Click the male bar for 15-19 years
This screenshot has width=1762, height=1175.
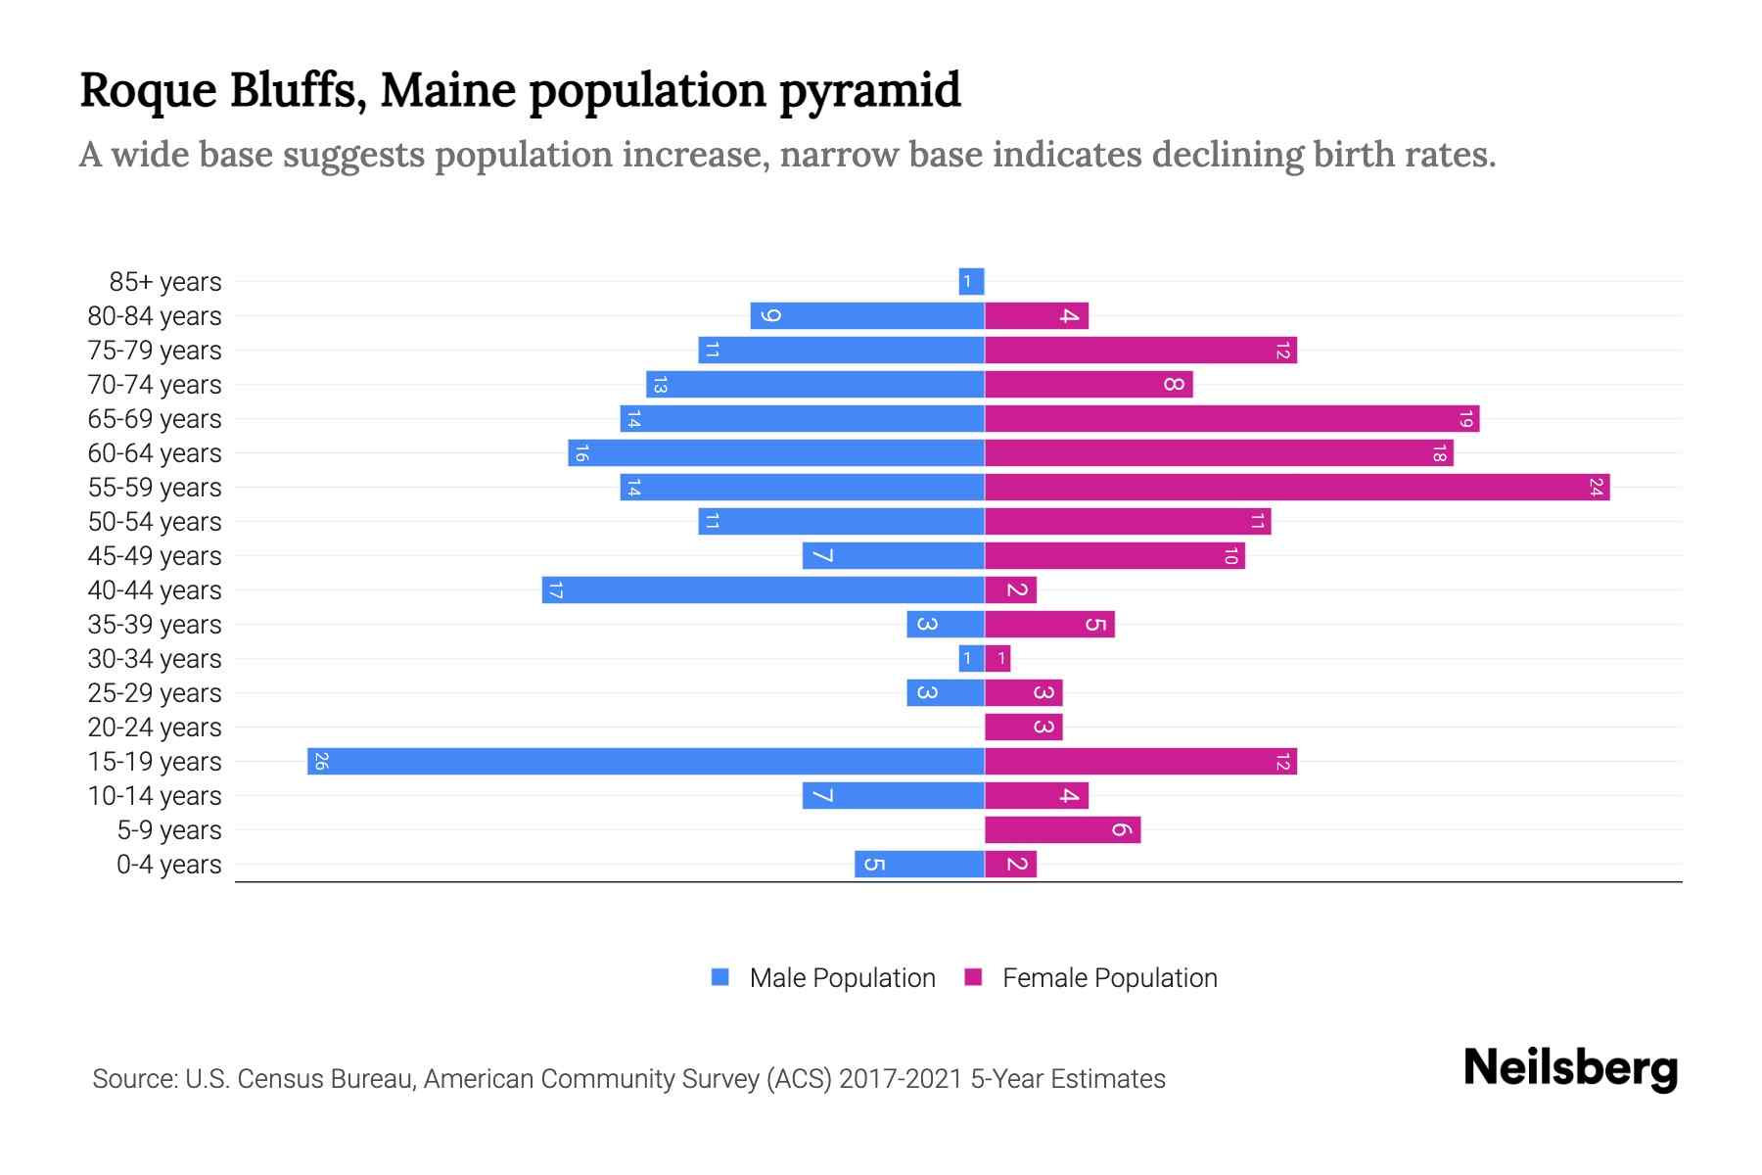point(646,761)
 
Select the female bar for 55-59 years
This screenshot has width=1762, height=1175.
point(1297,487)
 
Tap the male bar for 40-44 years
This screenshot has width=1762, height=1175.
point(764,589)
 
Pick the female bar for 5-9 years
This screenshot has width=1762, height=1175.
point(1062,829)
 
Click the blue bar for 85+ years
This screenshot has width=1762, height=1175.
point(971,281)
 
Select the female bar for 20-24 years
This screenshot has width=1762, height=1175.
point(1023,727)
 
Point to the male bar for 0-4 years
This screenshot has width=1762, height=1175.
point(919,864)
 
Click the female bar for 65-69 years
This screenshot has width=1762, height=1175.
point(1231,418)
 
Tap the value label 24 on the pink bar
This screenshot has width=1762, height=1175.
point(1597,487)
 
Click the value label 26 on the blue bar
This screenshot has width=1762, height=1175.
point(321,761)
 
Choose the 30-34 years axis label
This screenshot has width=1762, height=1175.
point(155,658)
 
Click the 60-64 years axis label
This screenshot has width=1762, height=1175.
point(155,452)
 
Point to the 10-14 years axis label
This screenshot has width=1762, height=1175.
point(155,795)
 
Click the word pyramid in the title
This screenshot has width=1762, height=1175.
point(870,90)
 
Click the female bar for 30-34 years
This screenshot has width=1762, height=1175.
point(997,658)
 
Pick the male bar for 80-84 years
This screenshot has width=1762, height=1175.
point(867,315)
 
